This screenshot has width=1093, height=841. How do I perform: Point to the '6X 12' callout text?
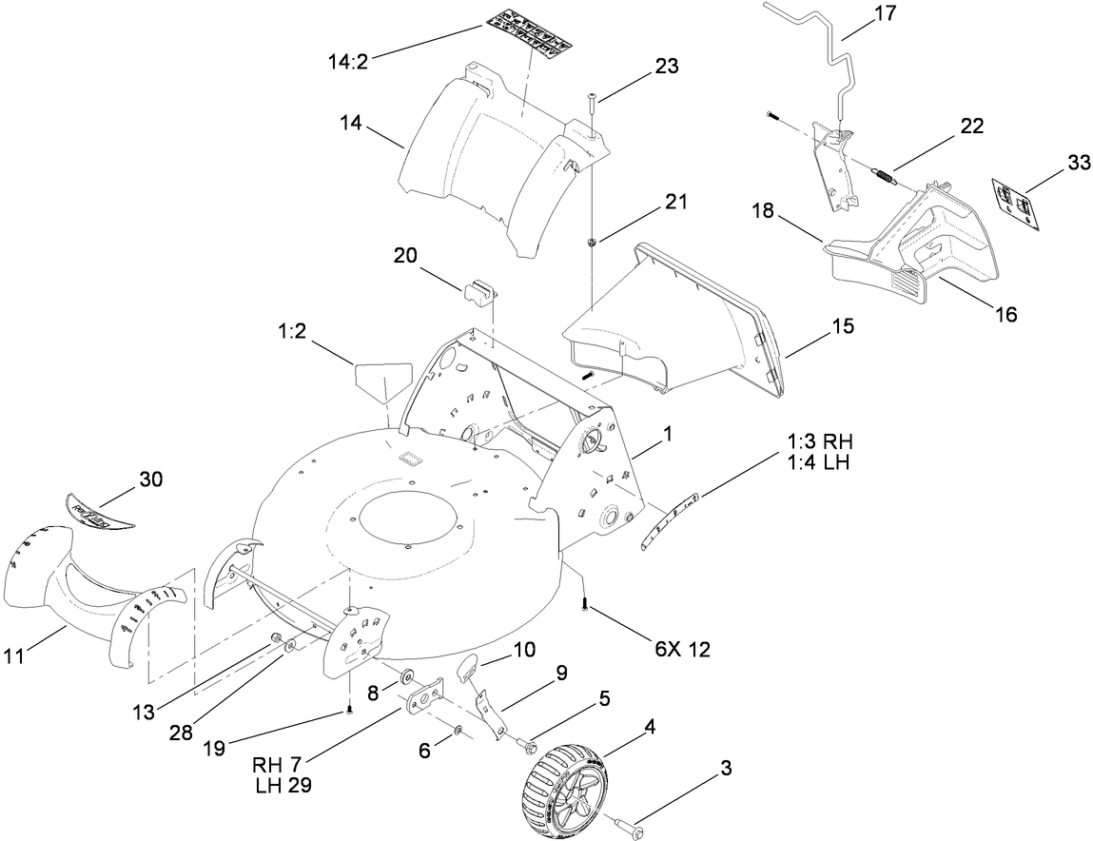pyautogui.click(x=682, y=650)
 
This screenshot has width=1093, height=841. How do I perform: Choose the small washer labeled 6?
pyautogui.click(x=459, y=730)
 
